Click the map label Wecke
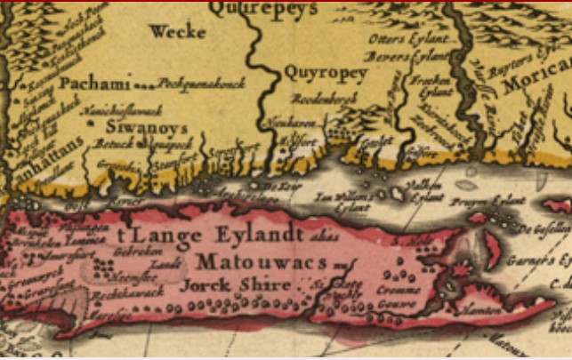click(x=178, y=33)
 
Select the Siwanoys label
click(x=129, y=126)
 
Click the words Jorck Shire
click(x=235, y=285)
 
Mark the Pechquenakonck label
click(x=189, y=84)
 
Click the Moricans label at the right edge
click(x=538, y=84)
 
